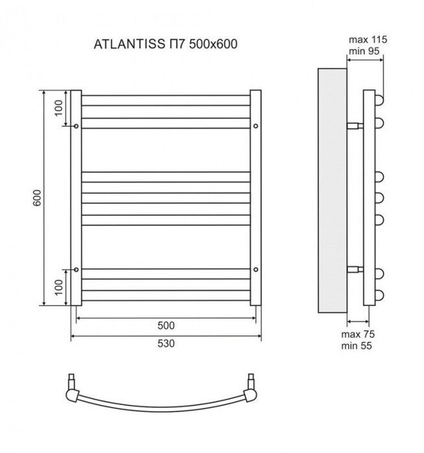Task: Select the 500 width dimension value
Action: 166,326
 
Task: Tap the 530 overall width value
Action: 166,344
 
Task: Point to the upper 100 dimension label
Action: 58,108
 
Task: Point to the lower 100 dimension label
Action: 58,287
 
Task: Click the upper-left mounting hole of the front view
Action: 77,126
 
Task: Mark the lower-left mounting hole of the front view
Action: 77,269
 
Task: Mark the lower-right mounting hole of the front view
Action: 256,269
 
